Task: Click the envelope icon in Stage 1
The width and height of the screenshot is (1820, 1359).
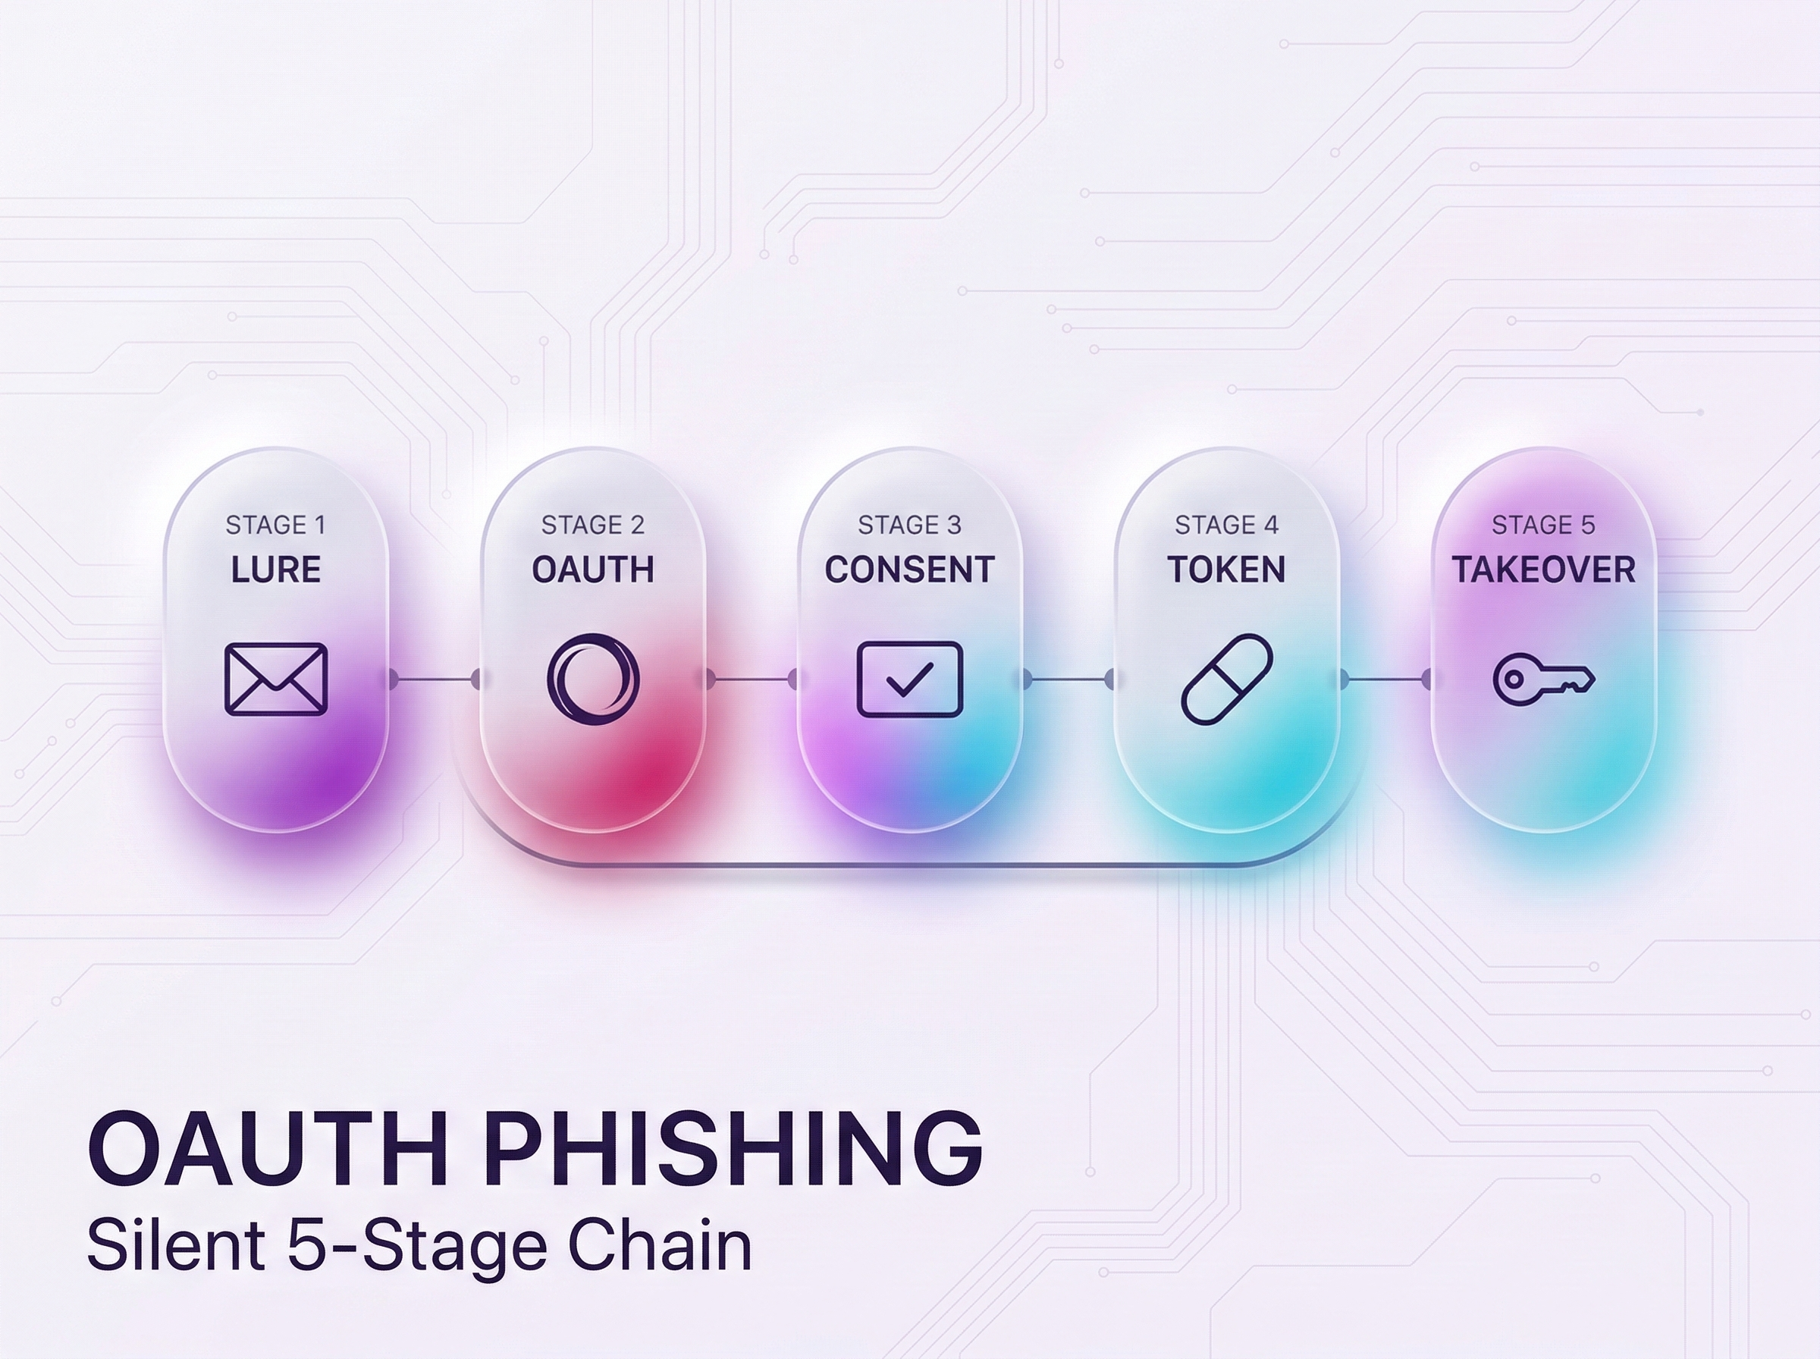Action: click(276, 679)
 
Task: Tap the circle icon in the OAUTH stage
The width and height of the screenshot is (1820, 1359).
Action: click(593, 679)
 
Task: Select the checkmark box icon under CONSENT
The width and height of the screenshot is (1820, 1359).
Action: click(909, 679)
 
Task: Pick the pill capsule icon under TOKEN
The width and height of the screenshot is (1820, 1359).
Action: click(1226, 679)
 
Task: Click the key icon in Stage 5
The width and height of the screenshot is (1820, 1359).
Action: click(1543, 679)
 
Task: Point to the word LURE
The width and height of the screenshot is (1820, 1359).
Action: click(276, 570)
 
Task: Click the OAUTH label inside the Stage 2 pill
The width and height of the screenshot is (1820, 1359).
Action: click(593, 570)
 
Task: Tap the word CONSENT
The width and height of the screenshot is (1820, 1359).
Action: click(909, 570)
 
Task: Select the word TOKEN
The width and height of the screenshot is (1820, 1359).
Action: click(1226, 570)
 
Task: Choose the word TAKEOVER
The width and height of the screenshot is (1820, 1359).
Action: click(1543, 570)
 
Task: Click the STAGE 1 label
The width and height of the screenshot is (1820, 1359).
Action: click(276, 525)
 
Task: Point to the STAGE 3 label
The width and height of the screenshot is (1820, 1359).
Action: click(909, 525)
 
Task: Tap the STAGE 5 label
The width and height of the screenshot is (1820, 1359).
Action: click(1543, 525)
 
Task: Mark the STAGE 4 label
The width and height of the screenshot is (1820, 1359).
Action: click(1226, 525)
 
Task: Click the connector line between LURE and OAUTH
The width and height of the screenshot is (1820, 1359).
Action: click(435, 679)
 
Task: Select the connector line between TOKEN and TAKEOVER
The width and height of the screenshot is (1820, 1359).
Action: click(1385, 679)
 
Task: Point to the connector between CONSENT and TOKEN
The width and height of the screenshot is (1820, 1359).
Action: click(1068, 679)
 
